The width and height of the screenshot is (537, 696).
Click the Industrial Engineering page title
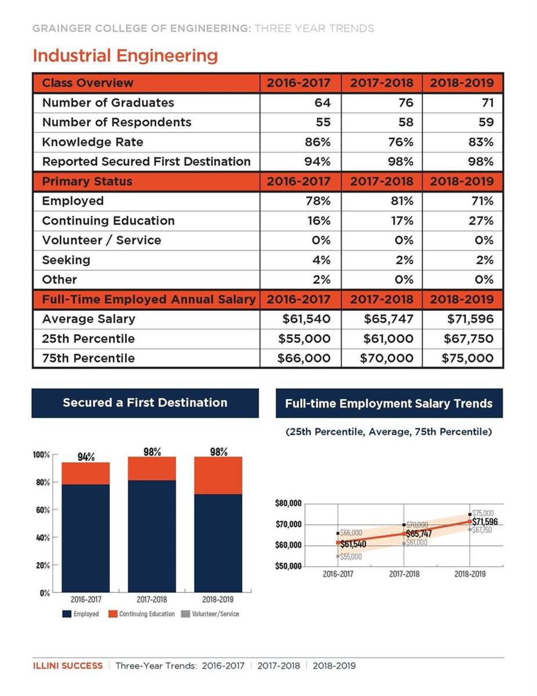click(125, 56)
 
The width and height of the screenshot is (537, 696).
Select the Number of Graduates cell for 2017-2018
click(405, 103)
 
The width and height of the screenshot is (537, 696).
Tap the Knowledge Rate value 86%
click(318, 142)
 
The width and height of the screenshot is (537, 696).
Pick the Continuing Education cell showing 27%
click(481, 221)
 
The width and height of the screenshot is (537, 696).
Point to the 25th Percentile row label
click(88, 339)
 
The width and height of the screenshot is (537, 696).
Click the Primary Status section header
click(87, 182)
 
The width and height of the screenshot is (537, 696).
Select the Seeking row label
click(66, 260)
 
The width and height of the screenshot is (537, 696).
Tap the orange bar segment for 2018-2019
click(219, 475)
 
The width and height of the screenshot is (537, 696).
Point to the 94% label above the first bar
click(86, 456)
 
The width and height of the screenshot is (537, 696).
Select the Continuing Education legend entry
click(142, 614)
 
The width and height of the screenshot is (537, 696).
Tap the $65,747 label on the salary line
click(419, 533)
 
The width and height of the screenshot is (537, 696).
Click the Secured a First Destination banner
click(145, 403)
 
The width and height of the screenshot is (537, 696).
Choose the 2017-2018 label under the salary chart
click(404, 574)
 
